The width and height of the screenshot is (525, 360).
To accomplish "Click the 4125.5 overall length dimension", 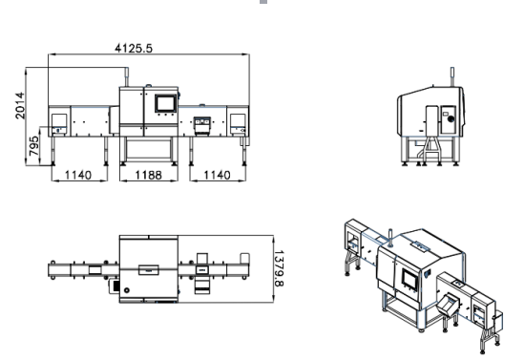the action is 134,49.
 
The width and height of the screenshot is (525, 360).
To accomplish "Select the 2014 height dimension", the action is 20,105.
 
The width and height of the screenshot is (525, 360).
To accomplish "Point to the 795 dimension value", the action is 33,146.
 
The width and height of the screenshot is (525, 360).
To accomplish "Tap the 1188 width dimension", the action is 148,175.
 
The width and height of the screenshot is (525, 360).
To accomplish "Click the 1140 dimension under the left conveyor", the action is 78,175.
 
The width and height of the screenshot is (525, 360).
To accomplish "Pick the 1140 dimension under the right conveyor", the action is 217,175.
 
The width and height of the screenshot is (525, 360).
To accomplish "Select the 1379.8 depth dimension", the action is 279,268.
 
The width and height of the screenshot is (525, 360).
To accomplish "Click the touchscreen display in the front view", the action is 165,103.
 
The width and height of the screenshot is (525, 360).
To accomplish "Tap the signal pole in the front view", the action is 127,77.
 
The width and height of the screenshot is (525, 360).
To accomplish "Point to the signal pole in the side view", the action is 452,76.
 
